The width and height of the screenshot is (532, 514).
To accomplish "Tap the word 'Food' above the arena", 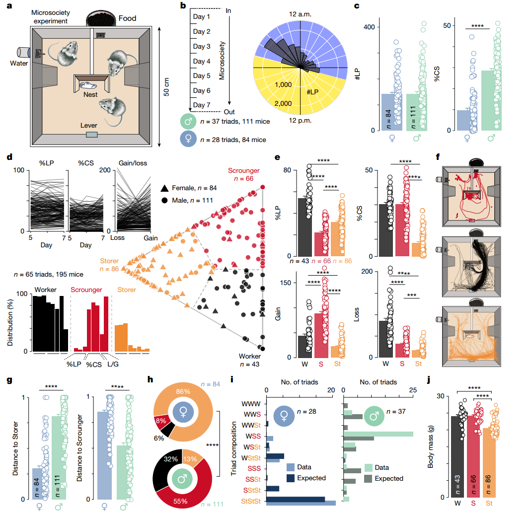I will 127,19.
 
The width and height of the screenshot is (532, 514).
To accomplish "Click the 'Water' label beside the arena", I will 19,63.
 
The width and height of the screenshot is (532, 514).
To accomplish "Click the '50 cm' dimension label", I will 166,86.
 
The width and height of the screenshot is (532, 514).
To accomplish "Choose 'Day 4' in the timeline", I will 202,62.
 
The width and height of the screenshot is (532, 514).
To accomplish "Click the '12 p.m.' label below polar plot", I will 301,120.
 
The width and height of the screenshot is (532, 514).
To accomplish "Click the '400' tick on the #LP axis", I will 369,27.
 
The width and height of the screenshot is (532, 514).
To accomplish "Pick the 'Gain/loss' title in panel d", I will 134,163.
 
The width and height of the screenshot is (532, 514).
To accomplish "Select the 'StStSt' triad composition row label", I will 252,502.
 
